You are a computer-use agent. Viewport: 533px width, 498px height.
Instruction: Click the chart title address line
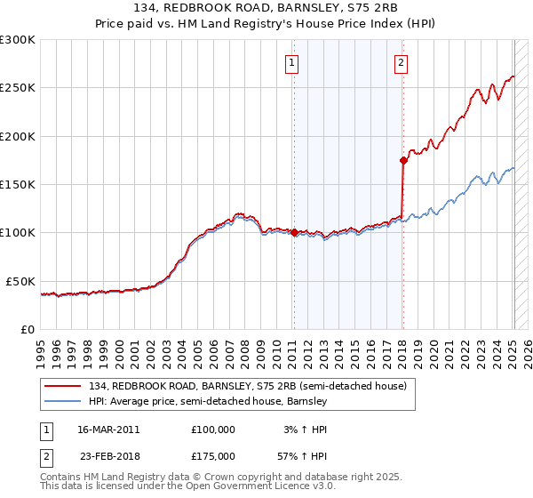click(x=266, y=8)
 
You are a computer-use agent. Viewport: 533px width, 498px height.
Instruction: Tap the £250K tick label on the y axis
click(x=18, y=88)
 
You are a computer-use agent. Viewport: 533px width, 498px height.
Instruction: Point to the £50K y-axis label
click(x=20, y=281)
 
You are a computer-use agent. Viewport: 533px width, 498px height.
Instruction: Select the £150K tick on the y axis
click(x=18, y=185)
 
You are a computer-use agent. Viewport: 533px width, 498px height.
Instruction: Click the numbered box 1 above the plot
click(x=292, y=62)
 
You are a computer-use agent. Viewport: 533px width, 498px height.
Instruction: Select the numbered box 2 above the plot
click(x=402, y=62)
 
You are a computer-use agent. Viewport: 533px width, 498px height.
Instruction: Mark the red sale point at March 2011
click(x=294, y=233)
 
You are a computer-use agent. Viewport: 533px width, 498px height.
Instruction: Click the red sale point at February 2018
click(x=403, y=160)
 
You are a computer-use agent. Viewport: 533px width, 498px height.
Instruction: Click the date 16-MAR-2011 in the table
click(x=108, y=429)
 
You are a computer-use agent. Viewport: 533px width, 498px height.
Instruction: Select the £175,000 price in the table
click(x=212, y=455)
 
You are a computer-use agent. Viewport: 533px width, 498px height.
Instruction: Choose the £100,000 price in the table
click(x=212, y=429)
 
